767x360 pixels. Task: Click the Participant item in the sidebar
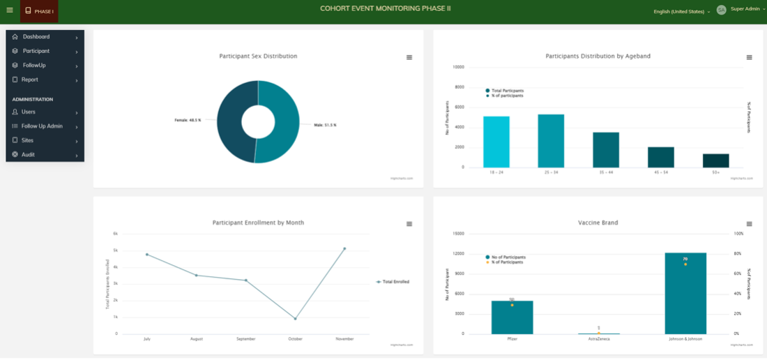pos(36,51)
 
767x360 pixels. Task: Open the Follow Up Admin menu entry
pos(42,126)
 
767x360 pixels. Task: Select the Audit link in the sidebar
pos(28,154)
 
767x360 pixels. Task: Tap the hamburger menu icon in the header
pos(10,10)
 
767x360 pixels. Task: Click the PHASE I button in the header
pos(39,11)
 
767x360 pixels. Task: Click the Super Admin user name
pos(745,9)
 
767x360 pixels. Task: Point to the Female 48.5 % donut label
pos(188,120)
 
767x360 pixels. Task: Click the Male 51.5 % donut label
pos(325,125)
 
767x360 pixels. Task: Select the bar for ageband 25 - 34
pos(551,141)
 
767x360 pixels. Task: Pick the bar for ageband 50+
pos(715,160)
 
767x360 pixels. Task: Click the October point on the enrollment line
pos(295,319)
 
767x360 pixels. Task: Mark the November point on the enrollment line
pos(344,248)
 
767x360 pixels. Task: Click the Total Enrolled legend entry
pos(395,282)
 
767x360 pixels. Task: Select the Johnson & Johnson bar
pos(685,293)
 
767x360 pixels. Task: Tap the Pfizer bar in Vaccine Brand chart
pos(512,317)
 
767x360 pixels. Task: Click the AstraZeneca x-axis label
pos(598,338)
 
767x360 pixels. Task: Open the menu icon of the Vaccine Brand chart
pos(750,224)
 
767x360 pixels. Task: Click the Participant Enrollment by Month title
pos(258,223)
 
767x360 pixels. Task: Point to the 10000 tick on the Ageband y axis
pos(458,67)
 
